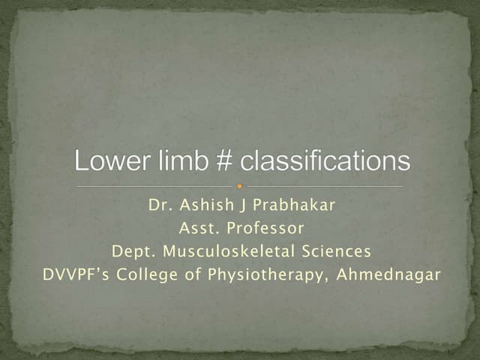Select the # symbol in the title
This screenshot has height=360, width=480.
click(x=211, y=161)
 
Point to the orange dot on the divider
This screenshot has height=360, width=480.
click(x=240, y=185)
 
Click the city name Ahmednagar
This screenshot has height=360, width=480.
click(x=388, y=274)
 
